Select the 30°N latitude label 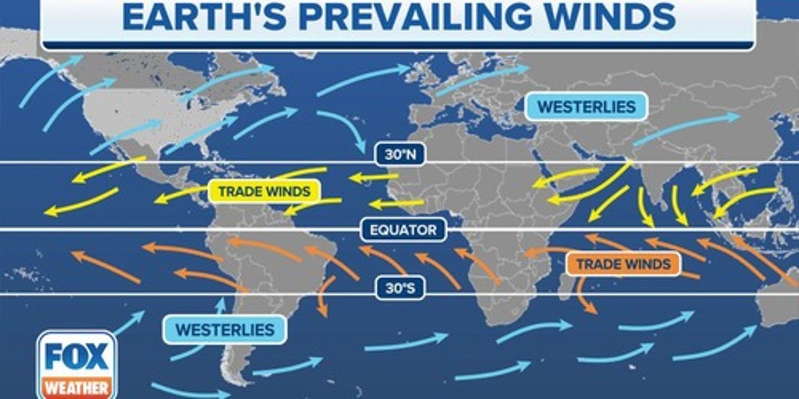(x=400, y=155)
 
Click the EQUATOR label (x=403, y=229)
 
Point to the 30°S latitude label (x=400, y=288)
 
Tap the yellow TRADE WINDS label (x=264, y=192)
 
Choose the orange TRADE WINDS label (x=623, y=264)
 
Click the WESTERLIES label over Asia (x=586, y=106)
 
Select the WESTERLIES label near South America (x=225, y=330)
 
